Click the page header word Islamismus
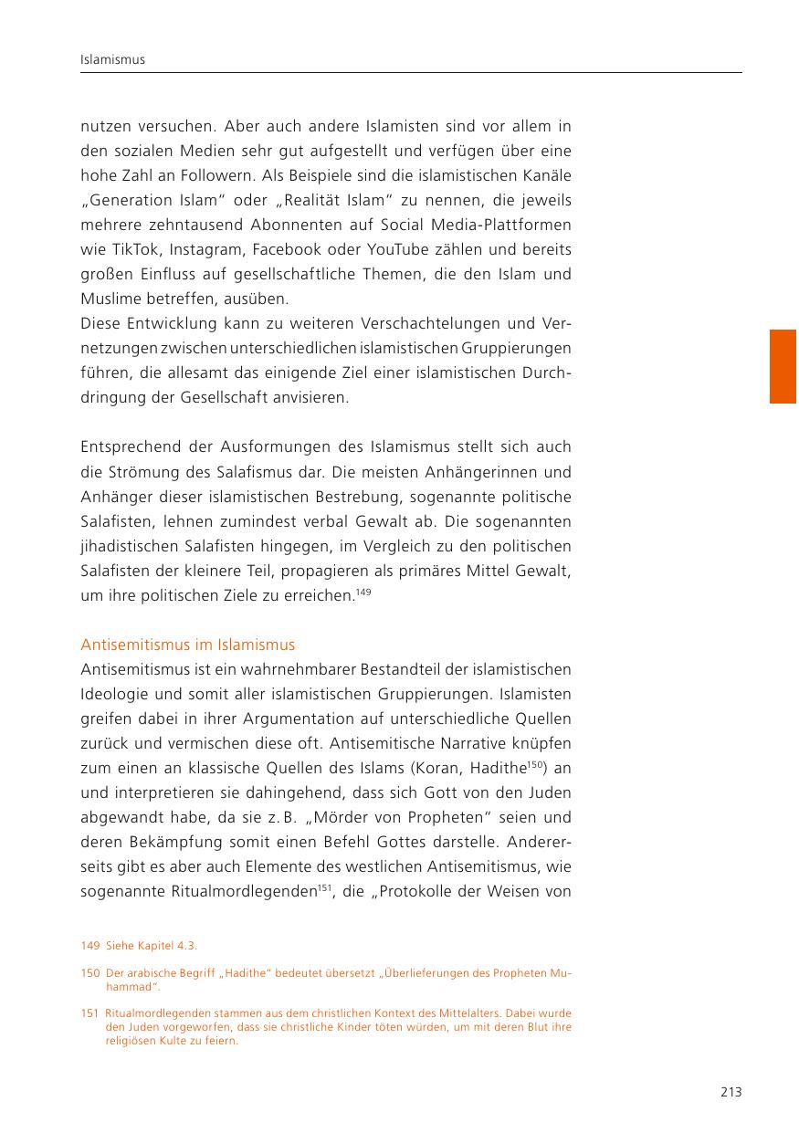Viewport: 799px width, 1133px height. (x=113, y=60)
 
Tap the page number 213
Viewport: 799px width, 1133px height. (x=731, y=1092)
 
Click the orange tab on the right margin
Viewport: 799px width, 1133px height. (x=783, y=366)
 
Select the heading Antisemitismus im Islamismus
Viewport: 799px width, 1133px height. (x=187, y=645)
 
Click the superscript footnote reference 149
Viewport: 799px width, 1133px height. (x=363, y=593)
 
